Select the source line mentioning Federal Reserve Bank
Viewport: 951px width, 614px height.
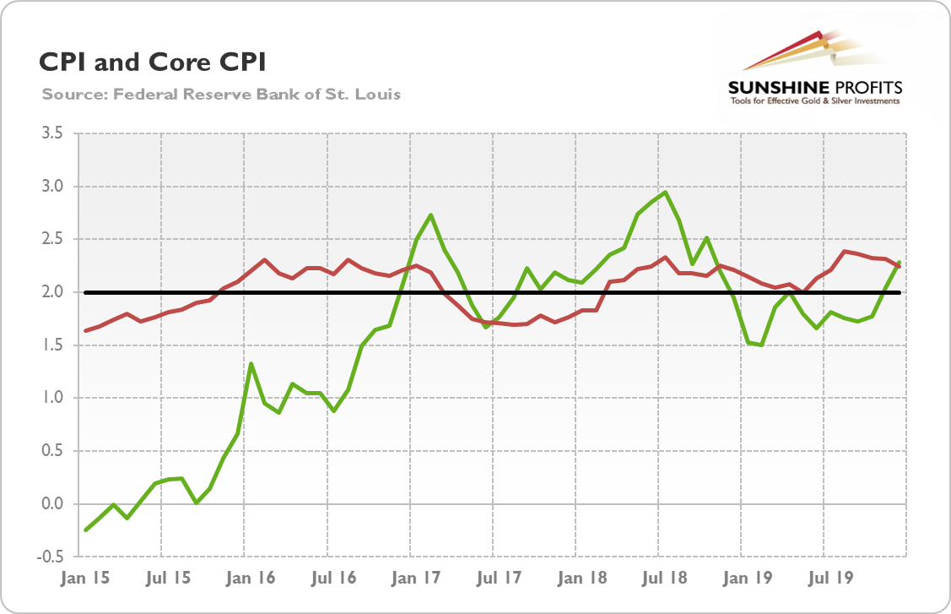pyautogui.click(x=221, y=94)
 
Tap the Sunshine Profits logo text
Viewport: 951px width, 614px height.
pyautogui.click(x=815, y=87)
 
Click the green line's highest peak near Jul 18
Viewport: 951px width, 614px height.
pyautogui.click(x=666, y=192)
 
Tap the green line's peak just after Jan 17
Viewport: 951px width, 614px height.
pyautogui.click(x=431, y=215)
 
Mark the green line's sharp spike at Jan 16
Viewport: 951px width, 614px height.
pyautogui.click(x=251, y=363)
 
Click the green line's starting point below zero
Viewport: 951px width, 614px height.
pyautogui.click(x=86, y=530)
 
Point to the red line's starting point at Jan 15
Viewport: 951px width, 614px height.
pyautogui.click(x=86, y=330)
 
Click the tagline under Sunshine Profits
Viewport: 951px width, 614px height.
pyautogui.click(x=815, y=101)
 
